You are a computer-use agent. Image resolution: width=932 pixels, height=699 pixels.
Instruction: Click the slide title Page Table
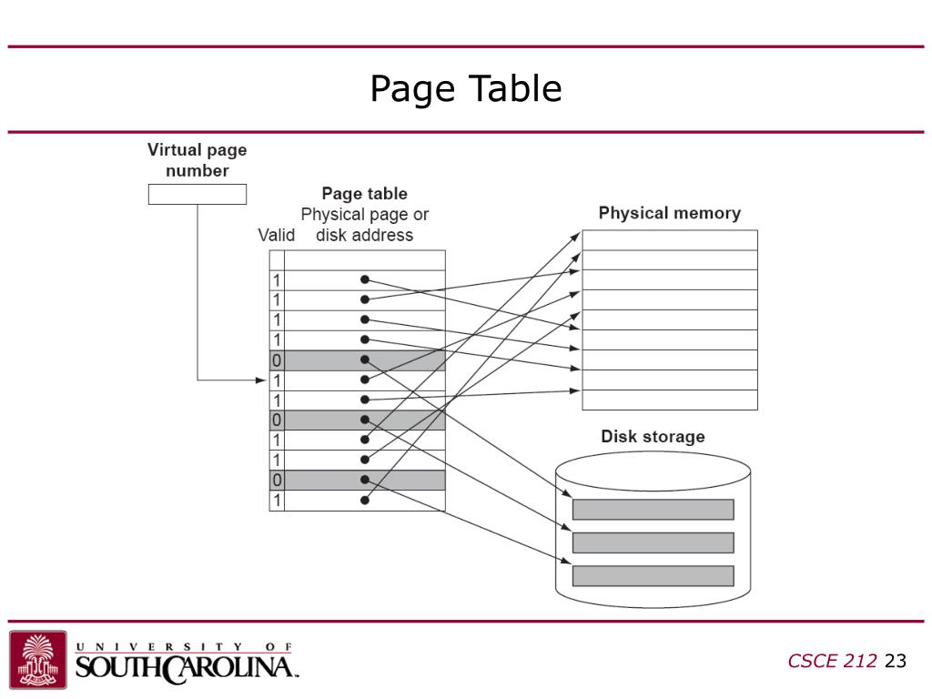point(465,89)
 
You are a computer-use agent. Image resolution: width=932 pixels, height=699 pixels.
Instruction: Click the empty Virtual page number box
point(197,194)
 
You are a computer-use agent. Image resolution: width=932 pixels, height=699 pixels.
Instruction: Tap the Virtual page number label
point(197,160)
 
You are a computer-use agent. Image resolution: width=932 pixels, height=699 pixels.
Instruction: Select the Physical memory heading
point(669,214)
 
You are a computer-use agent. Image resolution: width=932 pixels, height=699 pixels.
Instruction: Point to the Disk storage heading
point(653,437)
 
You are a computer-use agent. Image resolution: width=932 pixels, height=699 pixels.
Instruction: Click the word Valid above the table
point(276,236)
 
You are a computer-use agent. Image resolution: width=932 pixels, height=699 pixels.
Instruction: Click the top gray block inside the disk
point(653,510)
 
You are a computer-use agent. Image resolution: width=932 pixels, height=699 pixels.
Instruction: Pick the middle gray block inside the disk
point(653,542)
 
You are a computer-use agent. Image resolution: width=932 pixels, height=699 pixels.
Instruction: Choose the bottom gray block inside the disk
point(653,575)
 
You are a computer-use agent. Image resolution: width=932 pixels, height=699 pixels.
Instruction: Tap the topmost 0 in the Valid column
point(277,360)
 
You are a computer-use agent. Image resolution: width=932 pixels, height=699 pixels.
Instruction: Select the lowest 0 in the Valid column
point(277,481)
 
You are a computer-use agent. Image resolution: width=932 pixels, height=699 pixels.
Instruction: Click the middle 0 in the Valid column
point(277,420)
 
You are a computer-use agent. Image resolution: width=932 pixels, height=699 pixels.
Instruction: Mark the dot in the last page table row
point(364,500)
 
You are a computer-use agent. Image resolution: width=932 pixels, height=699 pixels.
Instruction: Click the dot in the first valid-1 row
point(364,279)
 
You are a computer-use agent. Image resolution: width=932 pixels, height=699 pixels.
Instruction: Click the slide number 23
point(896,661)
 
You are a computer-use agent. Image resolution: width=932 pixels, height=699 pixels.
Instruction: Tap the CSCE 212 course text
point(833,661)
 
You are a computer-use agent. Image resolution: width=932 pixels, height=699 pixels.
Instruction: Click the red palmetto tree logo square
point(38,659)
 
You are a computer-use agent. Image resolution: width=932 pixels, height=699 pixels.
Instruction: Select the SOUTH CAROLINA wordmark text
point(187,667)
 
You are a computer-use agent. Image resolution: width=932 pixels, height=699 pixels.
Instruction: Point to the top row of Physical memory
point(669,239)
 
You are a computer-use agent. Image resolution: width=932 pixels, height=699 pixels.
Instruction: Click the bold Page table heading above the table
point(364,194)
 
